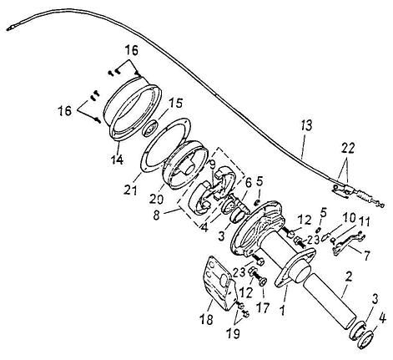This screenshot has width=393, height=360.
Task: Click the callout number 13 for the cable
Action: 306,125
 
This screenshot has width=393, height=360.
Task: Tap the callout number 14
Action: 117,160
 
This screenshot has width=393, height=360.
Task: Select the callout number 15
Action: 176,103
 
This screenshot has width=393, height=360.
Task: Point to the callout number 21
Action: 131,190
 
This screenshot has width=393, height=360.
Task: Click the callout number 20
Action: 156,199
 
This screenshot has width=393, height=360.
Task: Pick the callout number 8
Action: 156,215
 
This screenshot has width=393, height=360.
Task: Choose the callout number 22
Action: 348,148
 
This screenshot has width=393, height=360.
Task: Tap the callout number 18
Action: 206,319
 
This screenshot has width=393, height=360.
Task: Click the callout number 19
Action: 233,333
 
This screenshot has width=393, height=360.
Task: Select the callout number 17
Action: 263,308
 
